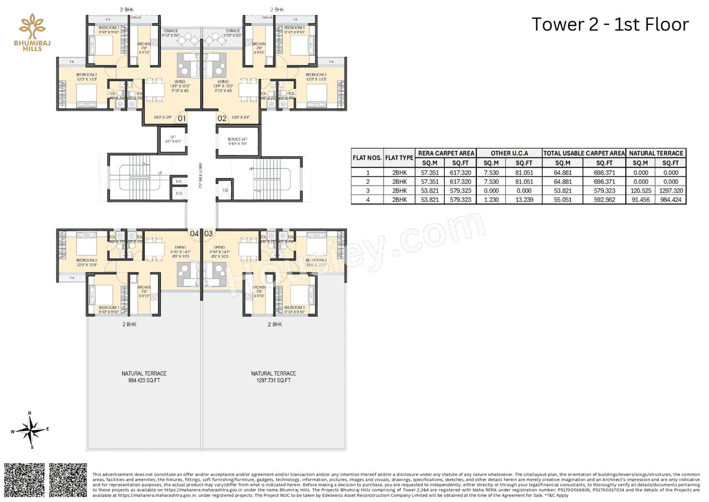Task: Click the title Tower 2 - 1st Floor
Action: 610,24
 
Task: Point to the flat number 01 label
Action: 182,118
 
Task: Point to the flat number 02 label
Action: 222,118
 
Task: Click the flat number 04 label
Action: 194,234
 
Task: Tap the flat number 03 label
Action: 209,234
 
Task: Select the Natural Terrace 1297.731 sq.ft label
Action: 273,377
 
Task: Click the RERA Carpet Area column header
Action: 446,153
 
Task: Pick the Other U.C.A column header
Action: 508,153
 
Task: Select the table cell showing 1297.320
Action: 670,190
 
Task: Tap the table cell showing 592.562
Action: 604,199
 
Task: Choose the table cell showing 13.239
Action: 523,199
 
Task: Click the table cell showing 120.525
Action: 640,190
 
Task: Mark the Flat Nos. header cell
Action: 367,158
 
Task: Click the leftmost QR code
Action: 24,480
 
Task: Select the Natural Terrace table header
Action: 656,153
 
